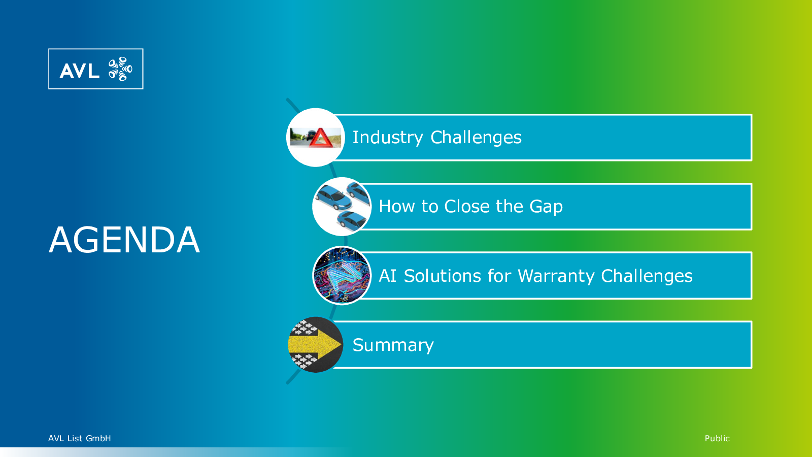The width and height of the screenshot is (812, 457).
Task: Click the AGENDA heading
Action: pyautogui.click(x=124, y=240)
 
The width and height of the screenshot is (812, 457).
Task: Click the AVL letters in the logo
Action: pyautogui.click(x=79, y=71)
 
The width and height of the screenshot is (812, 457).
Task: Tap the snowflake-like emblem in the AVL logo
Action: pyautogui.click(x=120, y=69)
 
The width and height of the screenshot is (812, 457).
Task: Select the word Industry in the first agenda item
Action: pyautogui.click(x=388, y=138)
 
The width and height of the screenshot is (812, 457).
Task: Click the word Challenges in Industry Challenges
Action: pyautogui.click(x=476, y=137)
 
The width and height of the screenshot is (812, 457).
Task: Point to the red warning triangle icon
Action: pyautogui.click(x=320, y=138)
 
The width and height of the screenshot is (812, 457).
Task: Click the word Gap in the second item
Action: pyautogui.click(x=546, y=206)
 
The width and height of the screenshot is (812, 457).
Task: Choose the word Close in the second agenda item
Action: pyautogui.click(x=467, y=206)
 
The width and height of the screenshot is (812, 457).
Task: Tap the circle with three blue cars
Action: pyautogui.click(x=342, y=207)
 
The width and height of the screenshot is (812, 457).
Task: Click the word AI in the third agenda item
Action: pyautogui.click(x=387, y=276)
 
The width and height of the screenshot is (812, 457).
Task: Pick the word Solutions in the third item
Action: pyautogui.click(x=443, y=276)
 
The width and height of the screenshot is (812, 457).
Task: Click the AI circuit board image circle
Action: pyautogui.click(x=342, y=276)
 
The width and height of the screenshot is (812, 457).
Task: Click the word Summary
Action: pyautogui.click(x=393, y=345)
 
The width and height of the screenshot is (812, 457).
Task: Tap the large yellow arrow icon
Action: pyautogui.click(x=315, y=345)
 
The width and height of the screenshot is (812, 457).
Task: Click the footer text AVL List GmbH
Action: pyautogui.click(x=79, y=438)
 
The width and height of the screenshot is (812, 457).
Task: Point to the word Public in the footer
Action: pyautogui.click(x=717, y=438)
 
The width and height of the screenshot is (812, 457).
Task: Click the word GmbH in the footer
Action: pyautogui.click(x=98, y=438)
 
